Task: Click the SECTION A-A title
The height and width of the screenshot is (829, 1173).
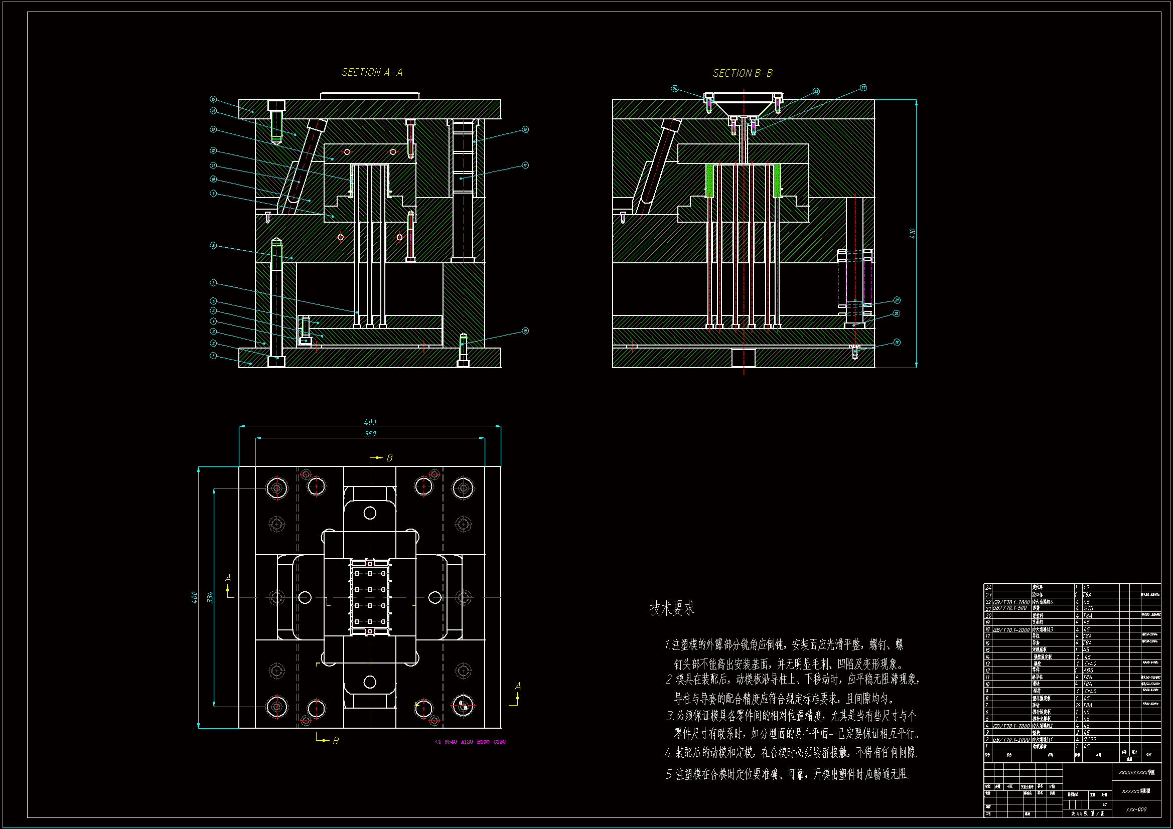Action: pyautogui.click(x=371, y=73)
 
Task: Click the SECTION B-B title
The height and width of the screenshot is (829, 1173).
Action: pyautogui.click(x=743, y=74)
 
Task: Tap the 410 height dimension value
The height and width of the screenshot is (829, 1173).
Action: pyautogui.click(x=913, y=233)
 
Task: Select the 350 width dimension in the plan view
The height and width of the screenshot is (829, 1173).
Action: pyautogui.click(x=370, y=434)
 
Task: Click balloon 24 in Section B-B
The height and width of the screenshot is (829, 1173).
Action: pyautogui.click(x=674, y=89)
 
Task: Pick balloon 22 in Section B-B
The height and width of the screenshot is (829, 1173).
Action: pyautogui.click(x=863, y=88)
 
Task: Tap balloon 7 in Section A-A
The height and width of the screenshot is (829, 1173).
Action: pyautogui.click(x=214, y=282)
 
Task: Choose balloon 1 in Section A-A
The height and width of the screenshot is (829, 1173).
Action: pyautogui.click(x=214, y=356)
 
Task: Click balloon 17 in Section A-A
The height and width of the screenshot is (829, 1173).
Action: pyautogui.click(x=525, y=165)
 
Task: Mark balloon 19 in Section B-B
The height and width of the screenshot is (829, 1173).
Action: pyautogui.click(x=897, y=342)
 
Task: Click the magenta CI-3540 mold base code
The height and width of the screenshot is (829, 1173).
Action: pyautogui.click(x=470, y=742)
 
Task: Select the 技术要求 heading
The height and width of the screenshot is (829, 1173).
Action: pyautogui.click(x=672, y=608)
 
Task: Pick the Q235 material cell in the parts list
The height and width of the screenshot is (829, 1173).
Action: pyautogui.click(x=1089, y=739)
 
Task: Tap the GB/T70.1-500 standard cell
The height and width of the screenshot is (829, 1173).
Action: pyautogui.click(x=1009, y=608)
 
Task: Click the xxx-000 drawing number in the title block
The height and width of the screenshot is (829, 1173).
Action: pyautogui.click(x=1136, y=809)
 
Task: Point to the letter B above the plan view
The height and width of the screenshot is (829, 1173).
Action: pyautogui.click(x=389, y=458)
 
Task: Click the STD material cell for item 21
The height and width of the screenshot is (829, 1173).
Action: pyautogui.click(x=1088, y=608)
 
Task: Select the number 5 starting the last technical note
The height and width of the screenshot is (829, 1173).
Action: pyautogui.click(x=669, y=774)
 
